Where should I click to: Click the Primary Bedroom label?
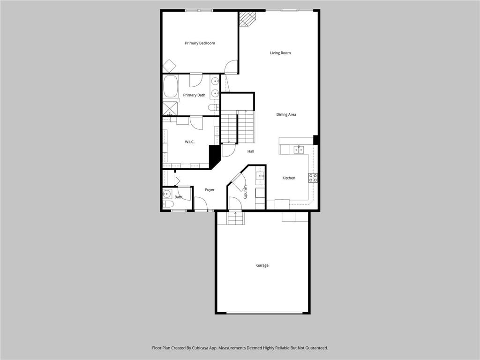coord(200,43)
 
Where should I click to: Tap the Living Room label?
coord(280,53)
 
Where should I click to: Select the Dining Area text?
coord(286,115)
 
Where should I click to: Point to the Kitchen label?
coord(289,178)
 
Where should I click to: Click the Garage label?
coord(262,265)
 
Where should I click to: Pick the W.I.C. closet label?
coord(189,142)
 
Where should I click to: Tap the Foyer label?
coord(210,190)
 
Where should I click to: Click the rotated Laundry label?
coord(245,192)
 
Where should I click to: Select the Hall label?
coord(251,151)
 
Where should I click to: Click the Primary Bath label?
coord(194,95)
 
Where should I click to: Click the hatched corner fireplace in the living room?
coord(247,19)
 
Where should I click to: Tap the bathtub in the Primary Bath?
coord(170,86)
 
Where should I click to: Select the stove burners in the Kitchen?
coord(313,178)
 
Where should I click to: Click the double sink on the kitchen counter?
coord(299,150)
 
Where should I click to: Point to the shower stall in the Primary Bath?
coord(169,109)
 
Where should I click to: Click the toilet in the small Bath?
coord(168,204)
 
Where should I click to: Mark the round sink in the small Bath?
coord(167,193)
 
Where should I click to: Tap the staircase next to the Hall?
coord(237,127)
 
